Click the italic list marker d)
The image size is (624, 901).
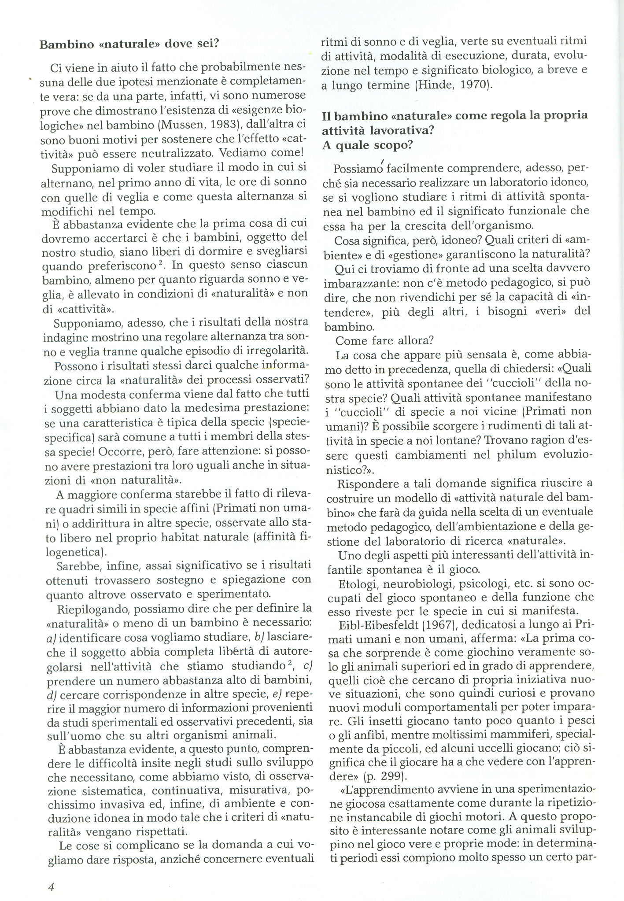click(50, 695)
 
